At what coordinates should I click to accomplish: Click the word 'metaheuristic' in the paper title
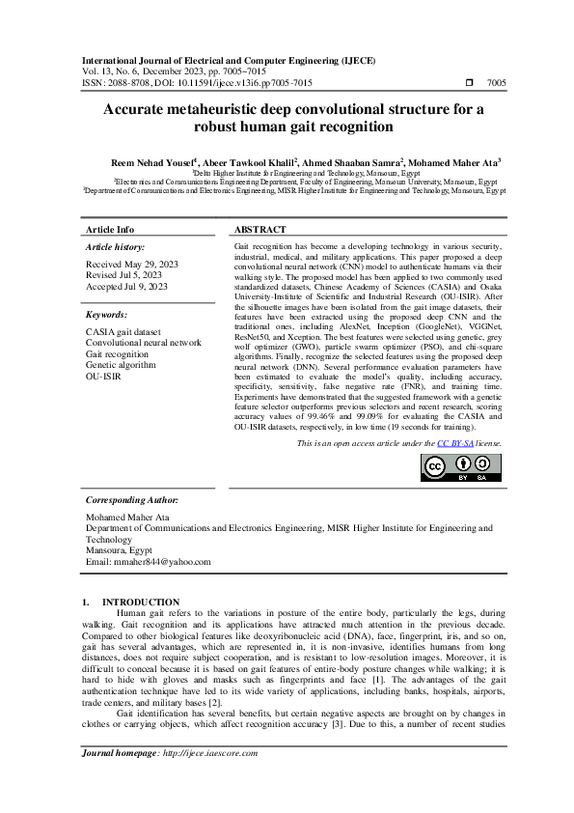pyautogui.click(x=220, y=109)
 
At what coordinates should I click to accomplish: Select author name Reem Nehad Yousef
pyautogui.click(x=154, y=162)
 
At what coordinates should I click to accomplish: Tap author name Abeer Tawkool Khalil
pyautogui.click(x=247, y=162)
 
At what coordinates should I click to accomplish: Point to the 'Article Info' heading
pyautogui.click(x=111, y=230)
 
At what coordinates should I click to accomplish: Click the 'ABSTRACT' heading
pyautogui.click(x=260, y=230)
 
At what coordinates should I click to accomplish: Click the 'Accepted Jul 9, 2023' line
pyautogui.click(x=127, y=287)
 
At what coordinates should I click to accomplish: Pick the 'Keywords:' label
pyautogui.click(x=106, y=315)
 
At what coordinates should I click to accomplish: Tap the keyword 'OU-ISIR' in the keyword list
pyautogui.click(x=104, y=378)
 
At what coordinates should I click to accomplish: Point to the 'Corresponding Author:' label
pyautogui.click(x=132, y=501)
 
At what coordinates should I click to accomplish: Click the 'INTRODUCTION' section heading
pyautogui.click(x=141, y=602)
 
